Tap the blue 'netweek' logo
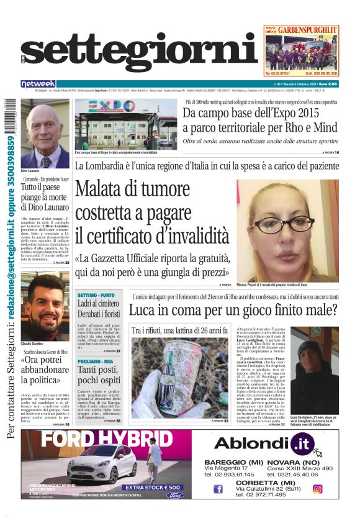point(38,84)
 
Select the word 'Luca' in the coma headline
point(145,309)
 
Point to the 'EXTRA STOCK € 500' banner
point(153,488)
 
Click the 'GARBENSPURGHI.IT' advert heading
point(308,29)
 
